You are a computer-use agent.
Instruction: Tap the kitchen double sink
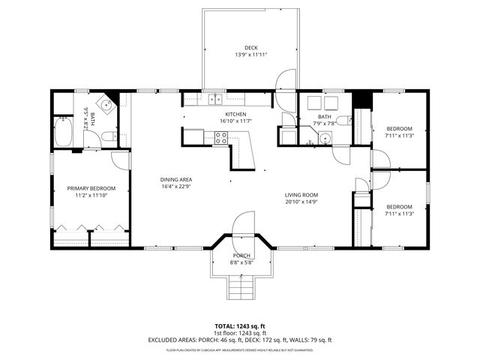[215, 97]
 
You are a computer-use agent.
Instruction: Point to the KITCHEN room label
[235, 114]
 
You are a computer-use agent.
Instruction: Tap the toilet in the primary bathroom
[108, 136]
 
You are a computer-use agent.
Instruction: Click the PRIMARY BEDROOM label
[91, 188]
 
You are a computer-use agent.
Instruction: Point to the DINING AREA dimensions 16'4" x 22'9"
[176, 187]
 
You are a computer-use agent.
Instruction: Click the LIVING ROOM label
[301, 194]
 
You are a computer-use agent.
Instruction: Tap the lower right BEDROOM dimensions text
[399, 214]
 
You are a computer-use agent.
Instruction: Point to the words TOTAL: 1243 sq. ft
[240, 326]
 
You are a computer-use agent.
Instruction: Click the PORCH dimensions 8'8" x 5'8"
[240, 262]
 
